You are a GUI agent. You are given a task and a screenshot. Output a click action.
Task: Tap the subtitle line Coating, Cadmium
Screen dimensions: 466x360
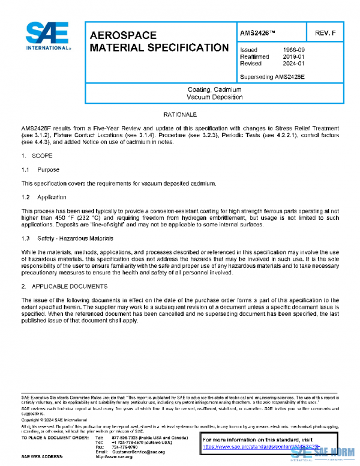214,89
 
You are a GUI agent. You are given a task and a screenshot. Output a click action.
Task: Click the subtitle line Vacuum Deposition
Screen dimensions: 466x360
214,97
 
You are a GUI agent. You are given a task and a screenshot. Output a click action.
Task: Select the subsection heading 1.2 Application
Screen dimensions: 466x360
44,197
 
